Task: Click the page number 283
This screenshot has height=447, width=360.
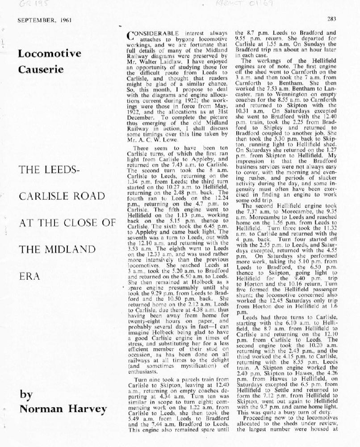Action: (x=331, y=19)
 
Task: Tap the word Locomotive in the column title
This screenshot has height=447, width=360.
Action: (x=50, y=54)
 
